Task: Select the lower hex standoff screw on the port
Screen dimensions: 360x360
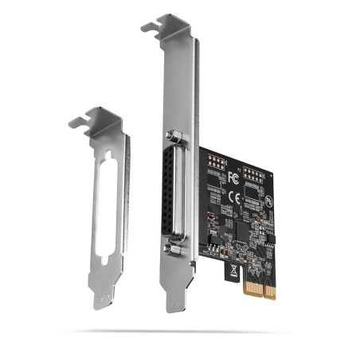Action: tap(169, 248)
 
